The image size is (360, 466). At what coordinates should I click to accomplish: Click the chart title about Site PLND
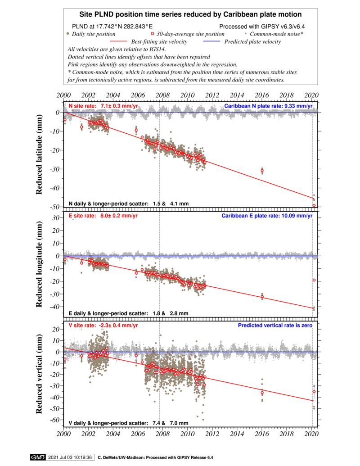click(190, 14)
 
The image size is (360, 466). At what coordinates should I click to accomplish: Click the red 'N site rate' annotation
click(103, 106)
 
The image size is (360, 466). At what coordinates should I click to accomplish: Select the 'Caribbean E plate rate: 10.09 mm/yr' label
click(267, 216)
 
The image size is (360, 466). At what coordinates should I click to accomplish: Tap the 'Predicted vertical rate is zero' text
click(275, 326)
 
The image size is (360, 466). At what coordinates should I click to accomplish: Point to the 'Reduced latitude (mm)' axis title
click(39, 154)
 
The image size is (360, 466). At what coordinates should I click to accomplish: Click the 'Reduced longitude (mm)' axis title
click(39, 264)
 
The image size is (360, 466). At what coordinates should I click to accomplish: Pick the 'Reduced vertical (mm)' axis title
click(39, 374)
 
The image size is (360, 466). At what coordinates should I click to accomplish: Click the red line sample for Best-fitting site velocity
click(118, 41)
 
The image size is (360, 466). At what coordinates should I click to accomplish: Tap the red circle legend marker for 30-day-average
click(153, 34)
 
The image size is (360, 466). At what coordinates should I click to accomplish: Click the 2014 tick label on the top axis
click(237, 95)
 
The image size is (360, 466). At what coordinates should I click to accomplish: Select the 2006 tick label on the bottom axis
click(138, 434)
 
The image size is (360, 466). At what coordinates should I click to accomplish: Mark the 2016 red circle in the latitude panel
click(262, 171)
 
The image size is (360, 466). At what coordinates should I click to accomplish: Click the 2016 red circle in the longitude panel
click(262, 297)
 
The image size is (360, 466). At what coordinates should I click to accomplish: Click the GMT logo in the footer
click(38, 457)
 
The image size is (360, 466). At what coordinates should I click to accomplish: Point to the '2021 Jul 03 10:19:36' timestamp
click(70, 457)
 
